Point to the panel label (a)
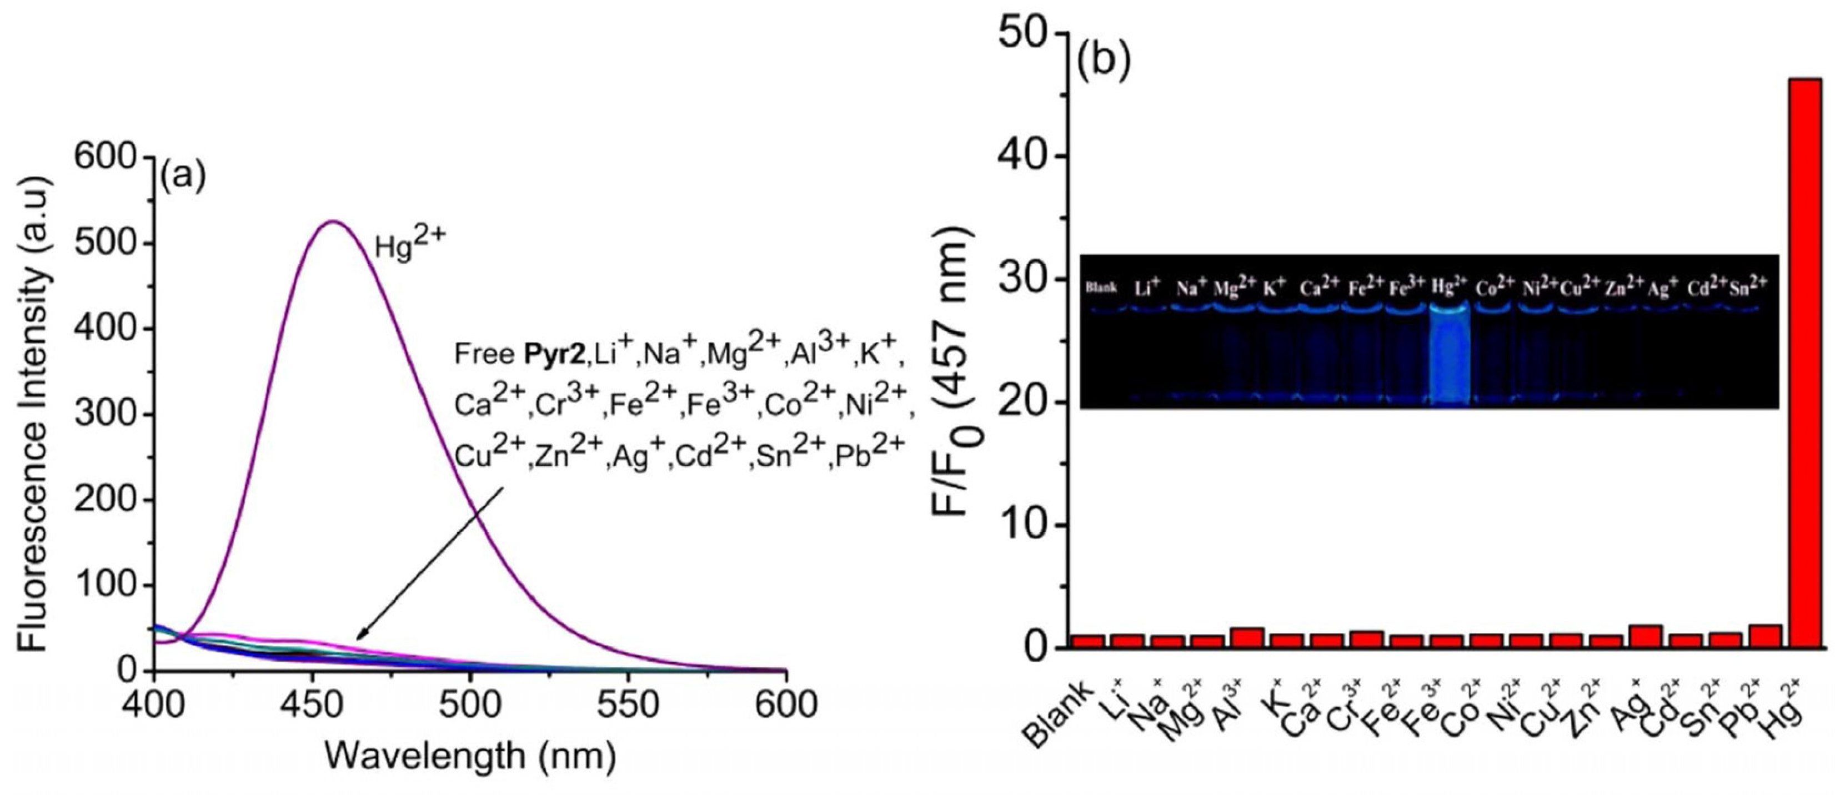[182, 173]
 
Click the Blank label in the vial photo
[1101, 289]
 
